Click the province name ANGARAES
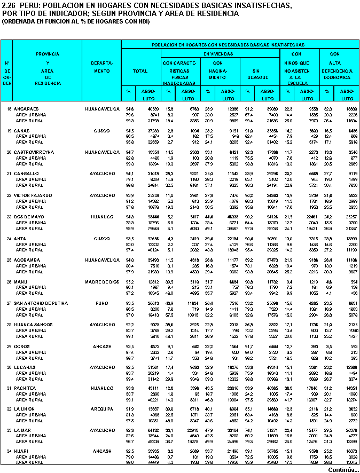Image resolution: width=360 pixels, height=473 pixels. point(27,109)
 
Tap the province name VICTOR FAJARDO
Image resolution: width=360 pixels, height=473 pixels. point(32,195)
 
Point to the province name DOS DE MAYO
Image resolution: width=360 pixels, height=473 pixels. point(29,216)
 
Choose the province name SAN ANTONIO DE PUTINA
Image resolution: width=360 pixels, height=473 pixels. point(41,303)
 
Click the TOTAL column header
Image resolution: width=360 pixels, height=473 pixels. point(140,70)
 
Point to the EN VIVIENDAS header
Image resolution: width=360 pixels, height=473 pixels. point(218,54)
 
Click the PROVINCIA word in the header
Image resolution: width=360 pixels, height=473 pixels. point(48,54)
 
